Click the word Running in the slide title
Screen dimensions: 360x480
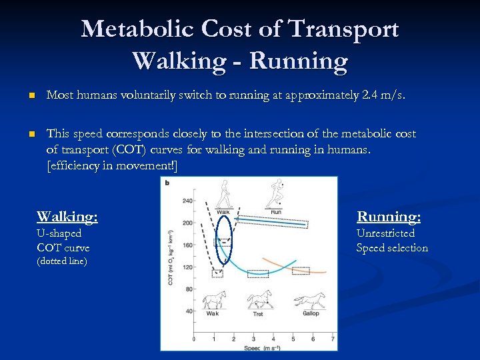click(x=299, y=61)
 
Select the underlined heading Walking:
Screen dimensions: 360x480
click(x=67, y=217)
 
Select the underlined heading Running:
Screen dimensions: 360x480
click(x=389, y=217)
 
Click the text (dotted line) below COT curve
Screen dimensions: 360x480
click(x=62, y=261)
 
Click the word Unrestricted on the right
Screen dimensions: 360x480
click(x=385, y=233)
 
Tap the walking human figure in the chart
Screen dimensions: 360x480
click(x=224, y=195)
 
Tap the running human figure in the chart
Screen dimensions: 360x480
click(x=275, y=195)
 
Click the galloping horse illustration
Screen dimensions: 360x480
click(x=311, y=301)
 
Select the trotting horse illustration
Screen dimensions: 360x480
click(x=259, y=300)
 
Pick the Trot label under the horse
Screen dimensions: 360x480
click(x=258, y=313)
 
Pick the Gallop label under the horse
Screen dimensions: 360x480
click(x=311, y=313)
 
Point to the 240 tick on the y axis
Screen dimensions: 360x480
click(x=187, y=201)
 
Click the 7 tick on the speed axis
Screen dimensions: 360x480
click(x=333, y=339)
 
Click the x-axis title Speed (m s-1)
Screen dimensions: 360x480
click(x=260, y=347)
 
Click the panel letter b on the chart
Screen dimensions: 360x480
click(x=167, y=183)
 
